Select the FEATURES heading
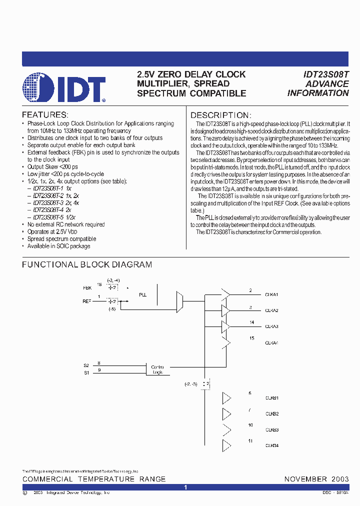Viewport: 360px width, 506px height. point(45,114)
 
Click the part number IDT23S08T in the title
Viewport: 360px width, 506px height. point(326,74)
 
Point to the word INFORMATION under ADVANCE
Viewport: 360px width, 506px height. point(318,93)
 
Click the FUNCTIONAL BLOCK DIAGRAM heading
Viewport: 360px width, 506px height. point(87,264)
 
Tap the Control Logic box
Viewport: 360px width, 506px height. point(157,369)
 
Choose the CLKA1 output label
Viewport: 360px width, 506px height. point(271,294)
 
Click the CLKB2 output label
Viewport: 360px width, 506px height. point(271,414)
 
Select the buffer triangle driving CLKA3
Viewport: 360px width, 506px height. point(226,326)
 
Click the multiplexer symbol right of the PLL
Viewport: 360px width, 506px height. point(180,302)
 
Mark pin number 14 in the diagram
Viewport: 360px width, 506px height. point(252,322)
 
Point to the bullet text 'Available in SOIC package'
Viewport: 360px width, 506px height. point(59,246)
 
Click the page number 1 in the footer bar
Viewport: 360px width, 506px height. point(185,487)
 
